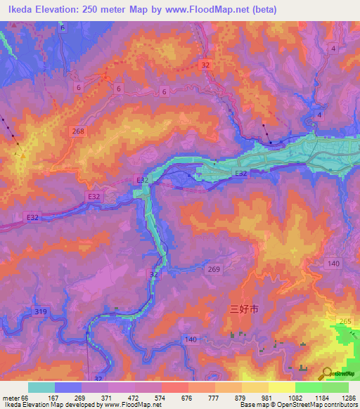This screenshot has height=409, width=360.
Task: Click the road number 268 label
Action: coord(78,131)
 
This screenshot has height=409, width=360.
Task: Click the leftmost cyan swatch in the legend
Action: coord(41,387)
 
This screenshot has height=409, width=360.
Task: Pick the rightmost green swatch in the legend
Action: coord(335,387)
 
